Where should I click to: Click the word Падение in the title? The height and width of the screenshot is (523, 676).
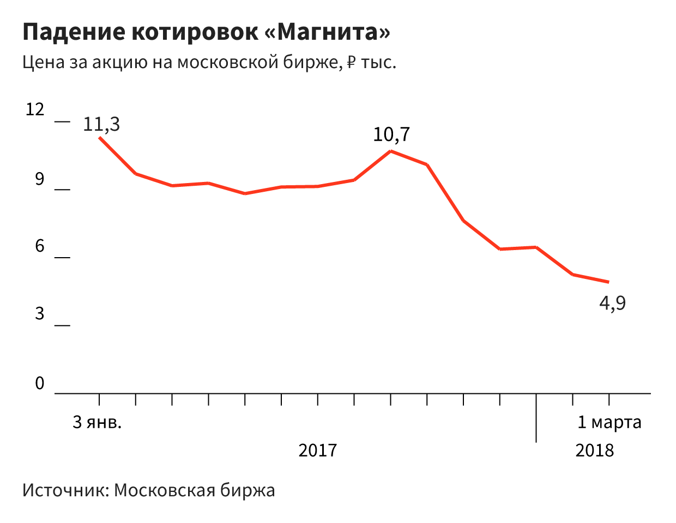tap(74, 32)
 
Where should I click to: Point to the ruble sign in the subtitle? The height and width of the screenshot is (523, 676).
tap(351, 62)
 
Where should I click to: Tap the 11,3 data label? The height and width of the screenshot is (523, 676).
tap(101, 124)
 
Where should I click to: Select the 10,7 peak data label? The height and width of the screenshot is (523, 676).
tap(391, 134)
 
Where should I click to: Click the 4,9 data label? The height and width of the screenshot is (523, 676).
tap(613, 302)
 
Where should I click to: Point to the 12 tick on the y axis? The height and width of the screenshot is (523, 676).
tap(35, 110)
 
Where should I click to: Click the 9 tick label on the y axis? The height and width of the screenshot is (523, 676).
tap(39, 179)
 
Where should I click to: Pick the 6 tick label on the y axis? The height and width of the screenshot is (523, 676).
tap(39, 246)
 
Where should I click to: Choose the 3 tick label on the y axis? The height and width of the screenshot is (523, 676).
tap(39, 314)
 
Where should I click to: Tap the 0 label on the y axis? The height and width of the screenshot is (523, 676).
tap(39, 384)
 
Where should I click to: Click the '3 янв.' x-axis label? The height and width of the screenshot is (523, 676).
tap(97, 422)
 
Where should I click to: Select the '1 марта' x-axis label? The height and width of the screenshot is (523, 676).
tap(609, 422)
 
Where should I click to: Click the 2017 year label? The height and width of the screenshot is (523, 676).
tap(318, 451)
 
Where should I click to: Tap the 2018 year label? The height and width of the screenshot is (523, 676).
tap(594, 451)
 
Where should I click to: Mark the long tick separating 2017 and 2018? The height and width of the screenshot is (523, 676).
tap(536, 419)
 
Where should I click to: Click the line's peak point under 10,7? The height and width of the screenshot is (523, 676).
tap(391, 151)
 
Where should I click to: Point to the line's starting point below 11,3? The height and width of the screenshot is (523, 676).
tap(99, 137)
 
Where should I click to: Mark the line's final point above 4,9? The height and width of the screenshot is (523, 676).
tap(608, 282)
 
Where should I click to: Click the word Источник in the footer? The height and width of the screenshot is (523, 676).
tap(65, 490)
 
